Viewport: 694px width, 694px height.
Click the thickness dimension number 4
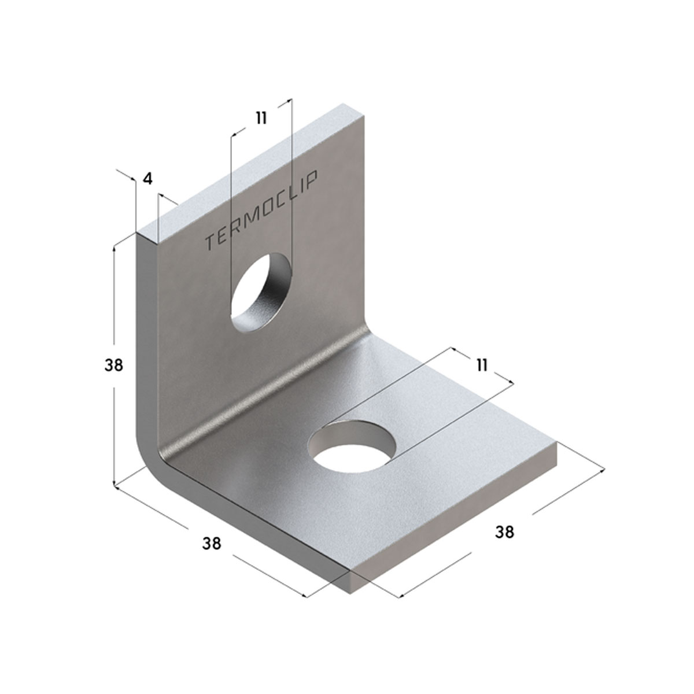(147, 179)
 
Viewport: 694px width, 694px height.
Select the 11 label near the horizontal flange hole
(482, 366)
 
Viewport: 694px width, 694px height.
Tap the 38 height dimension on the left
(114, 366)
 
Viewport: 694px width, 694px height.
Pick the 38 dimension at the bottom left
(212, 544)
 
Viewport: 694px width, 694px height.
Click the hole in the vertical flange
(261, 291)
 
